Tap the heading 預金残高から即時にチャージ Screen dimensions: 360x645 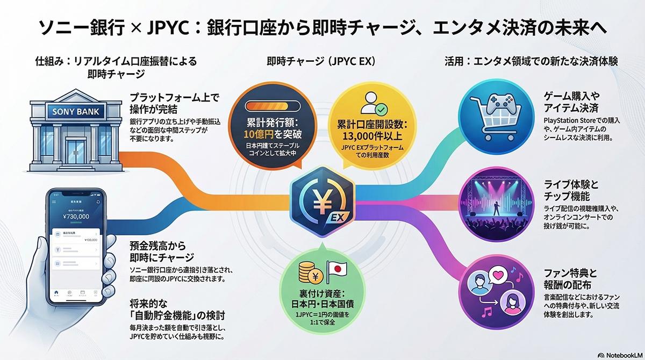[161, 251]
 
